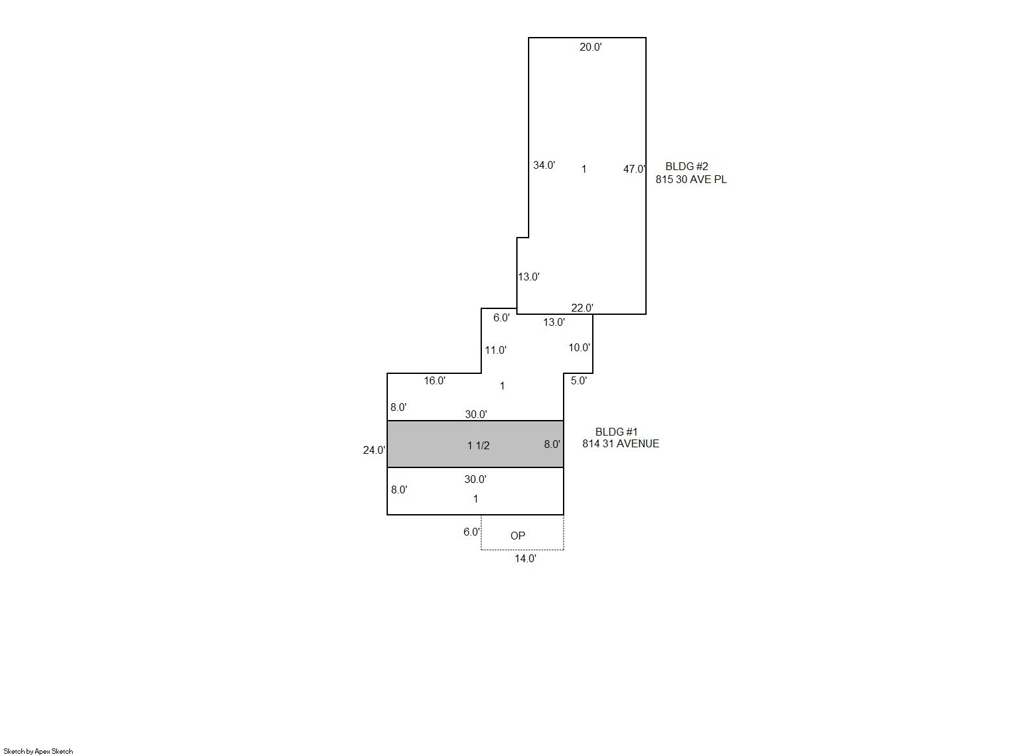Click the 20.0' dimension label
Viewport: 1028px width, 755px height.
pyautogui.click(x=590, y=47)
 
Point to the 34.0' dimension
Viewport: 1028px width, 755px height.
pyautogui.click(x=544, y=165)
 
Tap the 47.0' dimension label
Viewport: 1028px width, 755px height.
pyautogui.click(x=634, y=169)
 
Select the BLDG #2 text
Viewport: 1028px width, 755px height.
pyautogui.click(x=687, y=166)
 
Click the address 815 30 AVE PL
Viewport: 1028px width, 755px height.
pyautogui.click(x=691, y=180)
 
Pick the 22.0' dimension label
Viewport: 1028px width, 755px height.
pyautogui.click(x=582, y=308)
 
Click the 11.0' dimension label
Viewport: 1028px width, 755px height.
pyautogui.click(x=496, y=351)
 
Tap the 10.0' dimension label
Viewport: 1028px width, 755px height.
pyautogui.click(x=579, y=348)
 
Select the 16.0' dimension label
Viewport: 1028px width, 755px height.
pyautogui.click(x=434, y=380)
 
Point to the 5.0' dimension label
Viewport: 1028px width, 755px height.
pyautogui.click(x=579, y=380)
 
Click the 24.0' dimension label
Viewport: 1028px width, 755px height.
pyautogui.click(x=374, y=450)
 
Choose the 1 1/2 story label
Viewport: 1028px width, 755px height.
pyautogui.click(x=478, y=445)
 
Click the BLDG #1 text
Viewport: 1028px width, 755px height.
pyautogui.click(x=616, y=432)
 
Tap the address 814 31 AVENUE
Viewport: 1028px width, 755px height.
pyautogui.click(x=621, y=443)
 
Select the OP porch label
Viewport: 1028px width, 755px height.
pyautogui.click(x=518, y=536)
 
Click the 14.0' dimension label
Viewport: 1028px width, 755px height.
pyautogui.click(x=525, y=558)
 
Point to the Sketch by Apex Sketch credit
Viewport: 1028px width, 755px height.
pyautogui.click(x=38, y=751)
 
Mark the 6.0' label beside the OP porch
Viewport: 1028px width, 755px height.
pyautogui.click(x=472, y=532)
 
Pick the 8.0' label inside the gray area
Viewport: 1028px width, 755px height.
pyautogui.click(x=552, y=444)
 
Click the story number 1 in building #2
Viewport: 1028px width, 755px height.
pyautogui.click(x=584, y=169)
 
